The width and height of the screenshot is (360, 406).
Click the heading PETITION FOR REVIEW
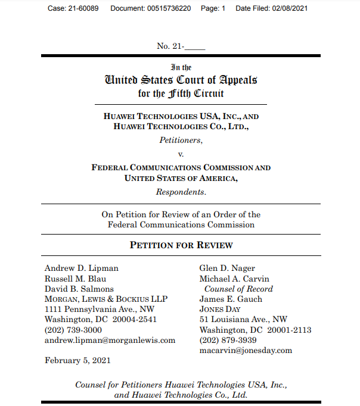click(181, 245)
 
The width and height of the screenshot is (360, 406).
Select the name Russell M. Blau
click(75, 279)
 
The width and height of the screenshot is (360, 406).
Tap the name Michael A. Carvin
click(234, 279)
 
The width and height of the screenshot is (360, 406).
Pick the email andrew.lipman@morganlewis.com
click(110, 340)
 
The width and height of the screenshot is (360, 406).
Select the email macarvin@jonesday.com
click(246, 350)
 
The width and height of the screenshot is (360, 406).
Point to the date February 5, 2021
click(77, 360)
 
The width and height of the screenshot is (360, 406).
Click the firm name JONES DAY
click(220, 309)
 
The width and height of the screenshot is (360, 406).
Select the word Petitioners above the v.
click(181, 140)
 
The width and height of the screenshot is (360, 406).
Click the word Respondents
click(181, 192)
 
